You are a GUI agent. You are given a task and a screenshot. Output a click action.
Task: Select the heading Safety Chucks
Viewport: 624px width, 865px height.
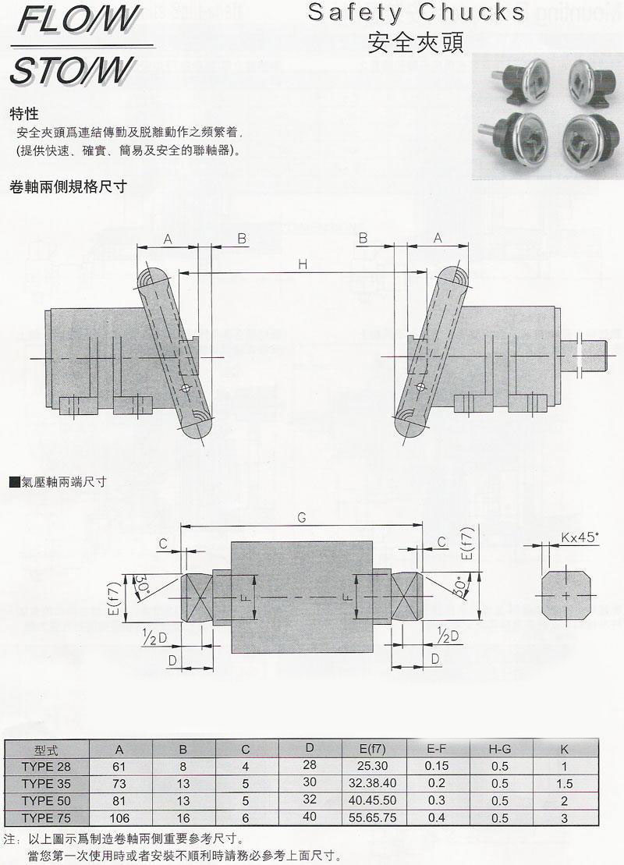[417, 12]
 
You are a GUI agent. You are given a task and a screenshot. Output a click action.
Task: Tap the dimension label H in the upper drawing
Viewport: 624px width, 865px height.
[303, 265]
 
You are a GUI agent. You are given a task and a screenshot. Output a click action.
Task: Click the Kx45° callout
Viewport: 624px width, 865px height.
[580, 537]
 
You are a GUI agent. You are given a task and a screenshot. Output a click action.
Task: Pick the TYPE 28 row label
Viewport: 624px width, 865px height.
[46, 766]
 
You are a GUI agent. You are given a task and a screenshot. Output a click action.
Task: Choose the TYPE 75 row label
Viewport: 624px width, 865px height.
[46, 817]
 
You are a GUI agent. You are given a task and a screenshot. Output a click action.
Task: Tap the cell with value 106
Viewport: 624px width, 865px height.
[119, 817]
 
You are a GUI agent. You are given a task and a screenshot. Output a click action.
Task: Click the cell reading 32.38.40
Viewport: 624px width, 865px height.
[370, 783]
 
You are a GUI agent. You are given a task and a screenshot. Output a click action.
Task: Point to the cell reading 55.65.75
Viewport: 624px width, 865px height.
[370, 817]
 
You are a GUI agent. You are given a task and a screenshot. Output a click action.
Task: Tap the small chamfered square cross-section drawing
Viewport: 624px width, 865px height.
[565, 596]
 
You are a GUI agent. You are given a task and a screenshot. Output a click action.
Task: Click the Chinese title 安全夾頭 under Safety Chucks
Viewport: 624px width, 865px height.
[416, 41]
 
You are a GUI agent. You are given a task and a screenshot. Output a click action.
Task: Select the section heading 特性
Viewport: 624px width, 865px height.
[24, 114]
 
